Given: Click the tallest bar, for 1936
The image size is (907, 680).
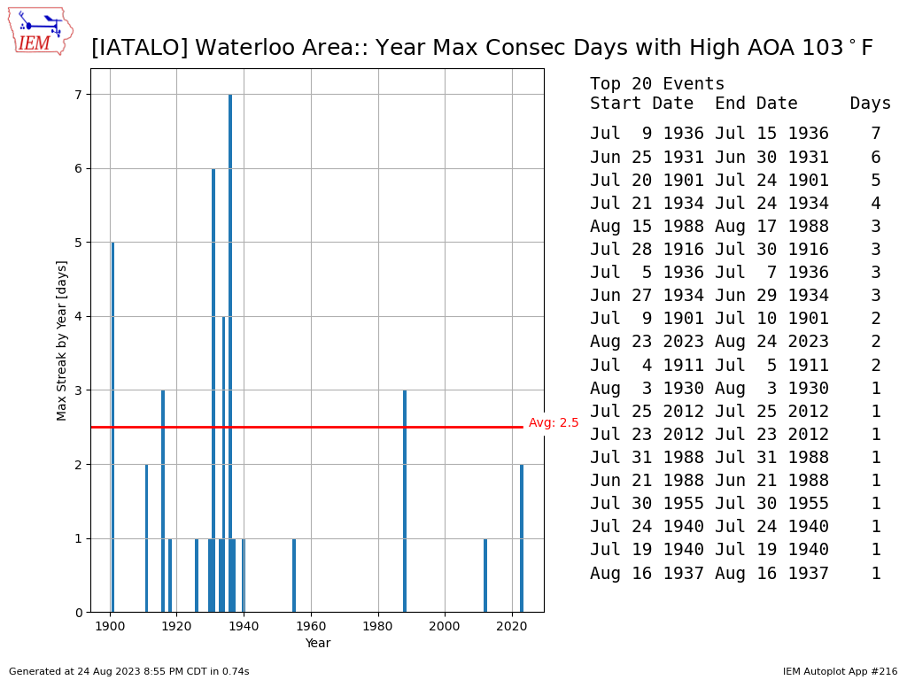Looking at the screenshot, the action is click(230, 353).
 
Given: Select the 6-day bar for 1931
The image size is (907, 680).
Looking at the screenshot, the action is click(213, 390).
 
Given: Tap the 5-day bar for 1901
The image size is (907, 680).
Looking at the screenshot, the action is click(112, 428).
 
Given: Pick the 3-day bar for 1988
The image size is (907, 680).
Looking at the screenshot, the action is click(405, 501).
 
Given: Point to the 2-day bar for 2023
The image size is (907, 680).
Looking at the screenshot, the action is click(522, 538).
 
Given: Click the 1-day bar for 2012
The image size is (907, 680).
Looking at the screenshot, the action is click(485, 576).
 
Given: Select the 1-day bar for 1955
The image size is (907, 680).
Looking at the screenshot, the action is click(294, 576).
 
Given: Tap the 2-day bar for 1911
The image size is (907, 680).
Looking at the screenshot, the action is click(146, 538).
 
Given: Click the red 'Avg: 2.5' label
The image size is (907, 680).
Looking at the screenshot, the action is click(554, 422).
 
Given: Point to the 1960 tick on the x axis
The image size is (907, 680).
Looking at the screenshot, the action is click(311, 626).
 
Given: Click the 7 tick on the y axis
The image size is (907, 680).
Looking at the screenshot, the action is click(79, 94).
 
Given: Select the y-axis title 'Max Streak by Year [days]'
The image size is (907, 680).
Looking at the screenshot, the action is click(61, 341).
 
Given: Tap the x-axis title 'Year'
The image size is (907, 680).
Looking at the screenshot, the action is click(318, 643).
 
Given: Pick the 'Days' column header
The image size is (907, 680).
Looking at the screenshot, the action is click(870, 104).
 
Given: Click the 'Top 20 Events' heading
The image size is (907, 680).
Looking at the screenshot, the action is click(657, 84).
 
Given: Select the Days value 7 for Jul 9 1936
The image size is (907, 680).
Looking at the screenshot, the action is click(876, 134).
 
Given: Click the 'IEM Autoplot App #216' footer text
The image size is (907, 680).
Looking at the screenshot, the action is click(840, 671).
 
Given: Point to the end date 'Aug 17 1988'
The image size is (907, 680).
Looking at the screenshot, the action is click(771, 227).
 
